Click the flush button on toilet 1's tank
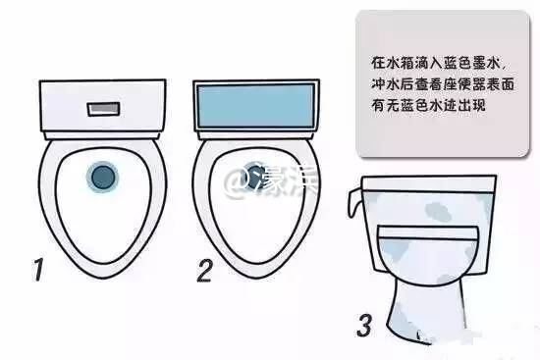(101, 106)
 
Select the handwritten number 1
(36, 269)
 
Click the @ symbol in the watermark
(237, 180)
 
